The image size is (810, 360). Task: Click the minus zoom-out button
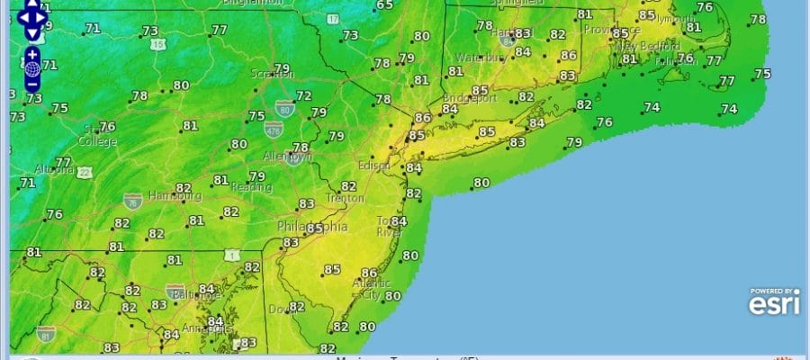point(32,84)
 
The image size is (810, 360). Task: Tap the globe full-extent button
point(32,68)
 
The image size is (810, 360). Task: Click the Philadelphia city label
point(310,226)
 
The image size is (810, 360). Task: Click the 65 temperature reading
point(384,5)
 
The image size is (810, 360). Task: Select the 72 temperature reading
point(304,96)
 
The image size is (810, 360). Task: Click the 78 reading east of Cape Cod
point(758,20)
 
